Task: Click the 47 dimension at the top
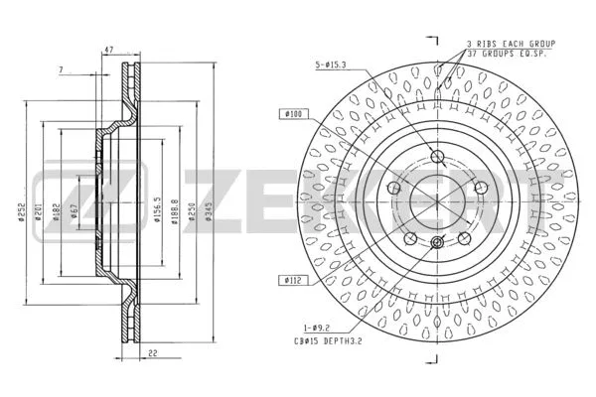(109, 49)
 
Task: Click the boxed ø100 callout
(292, 115)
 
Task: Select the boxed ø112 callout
(292, 280)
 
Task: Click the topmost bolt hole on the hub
(437, 155)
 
